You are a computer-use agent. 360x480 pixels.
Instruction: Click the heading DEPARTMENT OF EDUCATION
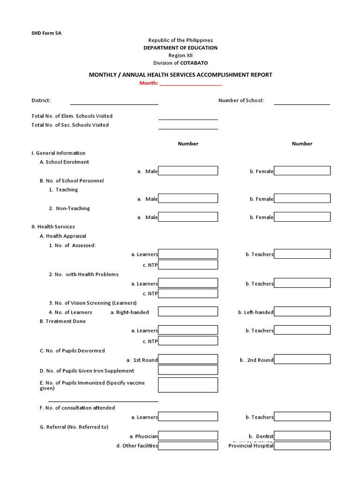click(180, 48)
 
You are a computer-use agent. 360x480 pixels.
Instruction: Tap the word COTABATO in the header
click(194, 63)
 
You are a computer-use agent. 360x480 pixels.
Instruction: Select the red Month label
click(149, 83)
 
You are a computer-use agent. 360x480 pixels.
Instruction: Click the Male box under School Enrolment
click(188, 171)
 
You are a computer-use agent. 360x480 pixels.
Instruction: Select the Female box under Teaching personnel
click(302, 199)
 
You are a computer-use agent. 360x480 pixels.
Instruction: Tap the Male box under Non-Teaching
click(188, 217)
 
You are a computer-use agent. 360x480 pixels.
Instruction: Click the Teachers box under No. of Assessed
click(302, 254)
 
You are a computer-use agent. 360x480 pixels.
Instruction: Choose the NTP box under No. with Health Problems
click(188, 293)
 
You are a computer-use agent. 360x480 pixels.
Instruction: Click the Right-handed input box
click(188, 312)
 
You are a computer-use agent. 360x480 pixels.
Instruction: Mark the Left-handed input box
click(302, 312)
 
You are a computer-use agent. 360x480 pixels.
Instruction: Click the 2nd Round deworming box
click(302, 360)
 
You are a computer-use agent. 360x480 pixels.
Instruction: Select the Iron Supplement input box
click(188, 370)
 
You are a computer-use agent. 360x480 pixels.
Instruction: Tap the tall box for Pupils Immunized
click(188, 385)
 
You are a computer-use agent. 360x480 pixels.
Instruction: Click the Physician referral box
click(188, 436)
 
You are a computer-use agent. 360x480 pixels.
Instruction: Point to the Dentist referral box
click(302, 436)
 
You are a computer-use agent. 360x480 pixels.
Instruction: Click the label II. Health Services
click(53, 227)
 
